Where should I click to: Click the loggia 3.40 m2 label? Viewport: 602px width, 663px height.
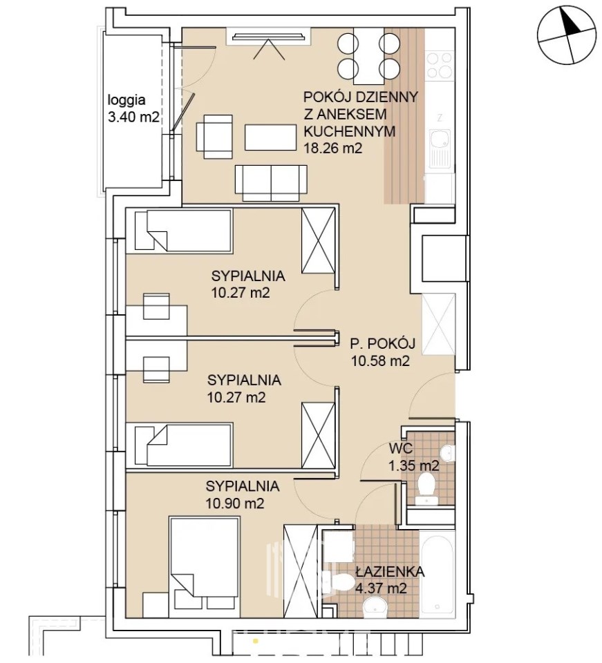pos(133,108)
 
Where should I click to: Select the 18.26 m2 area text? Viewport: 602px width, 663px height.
pos(333,148)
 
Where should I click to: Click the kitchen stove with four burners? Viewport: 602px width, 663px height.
pos(440,66)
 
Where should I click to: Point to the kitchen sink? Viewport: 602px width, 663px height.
pos(440,148)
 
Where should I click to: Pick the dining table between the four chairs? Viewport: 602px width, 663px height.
pos(369,56)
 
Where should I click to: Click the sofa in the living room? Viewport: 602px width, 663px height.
pos(271,182)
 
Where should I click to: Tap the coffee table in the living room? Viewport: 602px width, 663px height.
pos(271,137)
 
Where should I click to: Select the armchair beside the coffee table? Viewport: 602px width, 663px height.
pos(215,137)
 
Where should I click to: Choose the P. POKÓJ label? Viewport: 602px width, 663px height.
pos(382,343)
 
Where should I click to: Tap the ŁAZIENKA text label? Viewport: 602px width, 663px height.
pos(390,572)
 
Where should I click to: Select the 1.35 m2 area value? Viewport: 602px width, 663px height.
pos(414,465)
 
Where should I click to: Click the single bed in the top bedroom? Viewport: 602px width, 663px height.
pos(183,231)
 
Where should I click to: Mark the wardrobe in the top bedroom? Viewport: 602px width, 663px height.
pos(318,240)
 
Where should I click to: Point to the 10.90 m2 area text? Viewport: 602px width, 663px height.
pos(235,503)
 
